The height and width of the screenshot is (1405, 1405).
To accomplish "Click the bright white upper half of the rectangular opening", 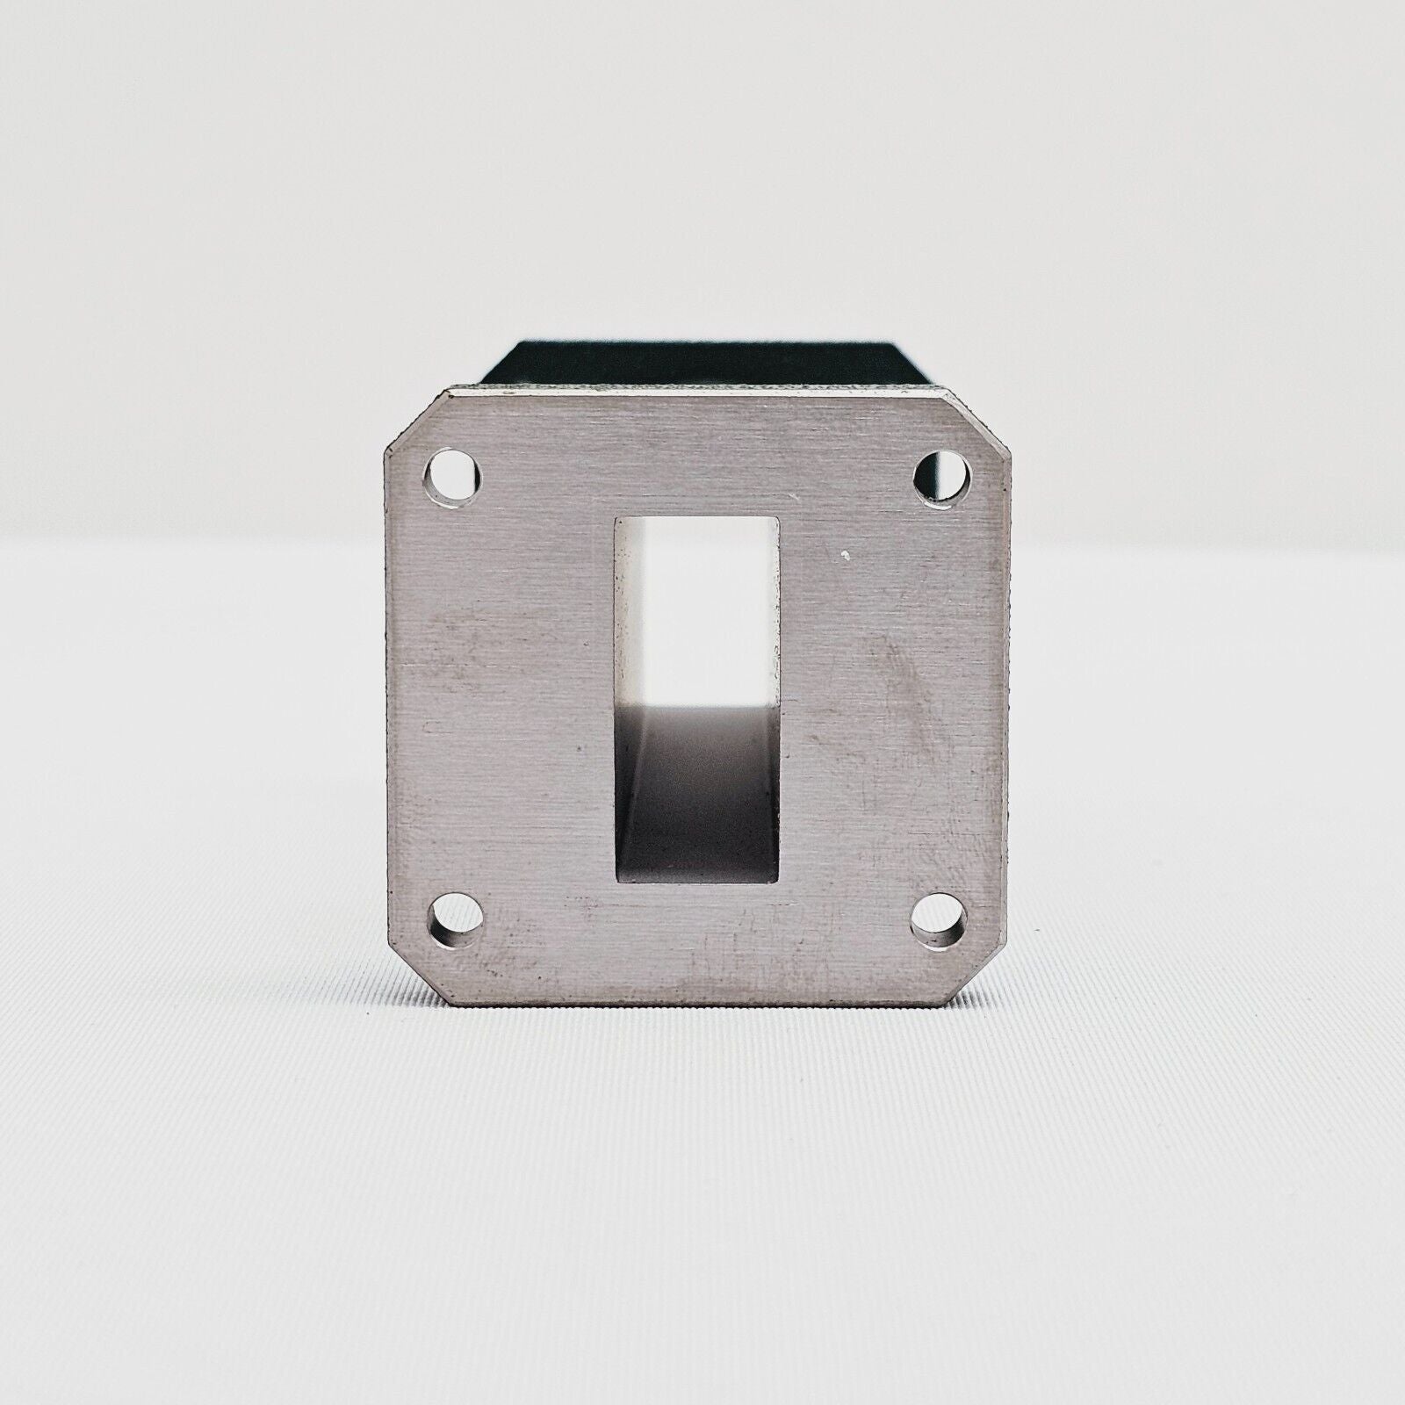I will [x=695, y=597].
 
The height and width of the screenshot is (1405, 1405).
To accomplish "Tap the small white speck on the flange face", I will [x=845, y=555].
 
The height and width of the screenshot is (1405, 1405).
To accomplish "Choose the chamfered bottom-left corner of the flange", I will [x=413, y=975].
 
